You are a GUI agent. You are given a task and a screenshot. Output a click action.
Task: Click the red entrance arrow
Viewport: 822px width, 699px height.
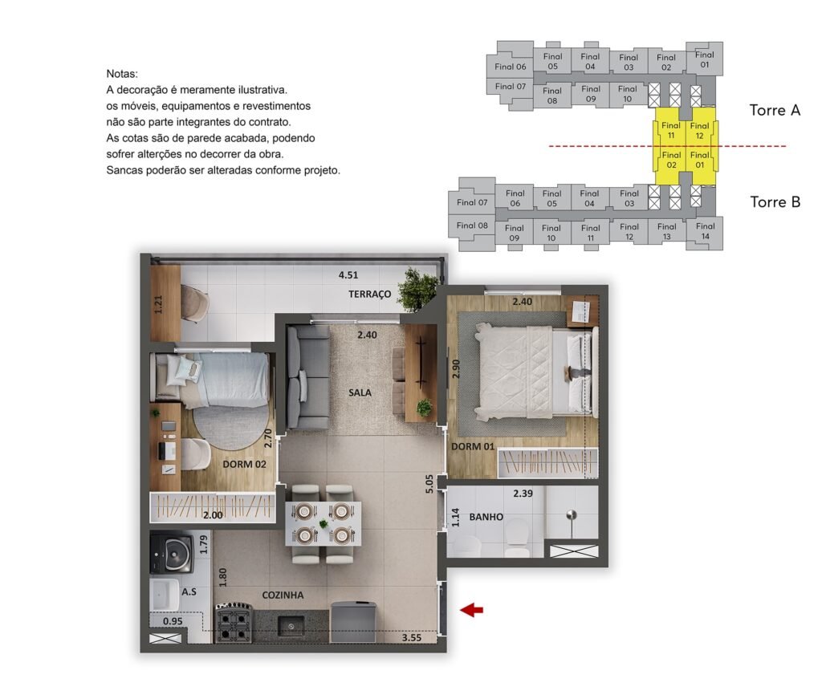(x=471, y=609)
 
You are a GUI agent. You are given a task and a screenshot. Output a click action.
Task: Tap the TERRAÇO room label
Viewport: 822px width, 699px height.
(x=369, y=294)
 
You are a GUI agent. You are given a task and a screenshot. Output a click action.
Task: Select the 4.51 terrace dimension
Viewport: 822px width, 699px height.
(x=348, y=274)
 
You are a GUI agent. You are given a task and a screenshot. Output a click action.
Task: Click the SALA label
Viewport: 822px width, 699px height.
(x=360, y=392)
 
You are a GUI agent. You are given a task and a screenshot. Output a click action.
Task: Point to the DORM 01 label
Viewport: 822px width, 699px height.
(x=473, y=446)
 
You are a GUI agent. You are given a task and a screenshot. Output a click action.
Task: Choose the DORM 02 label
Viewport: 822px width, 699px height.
(x=244, y=464)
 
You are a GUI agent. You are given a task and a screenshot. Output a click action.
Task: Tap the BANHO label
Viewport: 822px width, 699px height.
(x=486, y=517)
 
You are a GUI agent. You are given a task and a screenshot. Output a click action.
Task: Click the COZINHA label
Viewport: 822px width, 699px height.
(x=283, y=595)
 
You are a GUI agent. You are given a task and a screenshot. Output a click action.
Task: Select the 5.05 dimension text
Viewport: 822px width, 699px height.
(x=430, y=484)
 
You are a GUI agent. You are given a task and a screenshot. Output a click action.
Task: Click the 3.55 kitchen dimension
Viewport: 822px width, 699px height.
(x=412, y=638)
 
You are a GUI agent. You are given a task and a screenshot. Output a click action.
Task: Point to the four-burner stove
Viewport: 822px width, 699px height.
(x=234, y=623)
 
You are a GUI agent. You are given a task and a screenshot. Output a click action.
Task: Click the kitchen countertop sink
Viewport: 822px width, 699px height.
(x=291, y=625)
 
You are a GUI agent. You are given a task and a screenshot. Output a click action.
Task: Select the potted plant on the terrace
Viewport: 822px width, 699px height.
(x=417, y=288)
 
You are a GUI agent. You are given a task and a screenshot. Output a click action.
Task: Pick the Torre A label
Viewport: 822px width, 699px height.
(x=775, y=110)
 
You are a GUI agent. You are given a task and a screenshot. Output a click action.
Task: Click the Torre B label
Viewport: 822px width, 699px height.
(x=775, y=201)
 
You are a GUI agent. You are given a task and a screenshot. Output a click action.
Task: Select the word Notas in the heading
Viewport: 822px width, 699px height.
(x=122, y=74)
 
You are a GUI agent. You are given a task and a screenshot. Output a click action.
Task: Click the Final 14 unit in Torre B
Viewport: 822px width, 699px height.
(x=705, y=231)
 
